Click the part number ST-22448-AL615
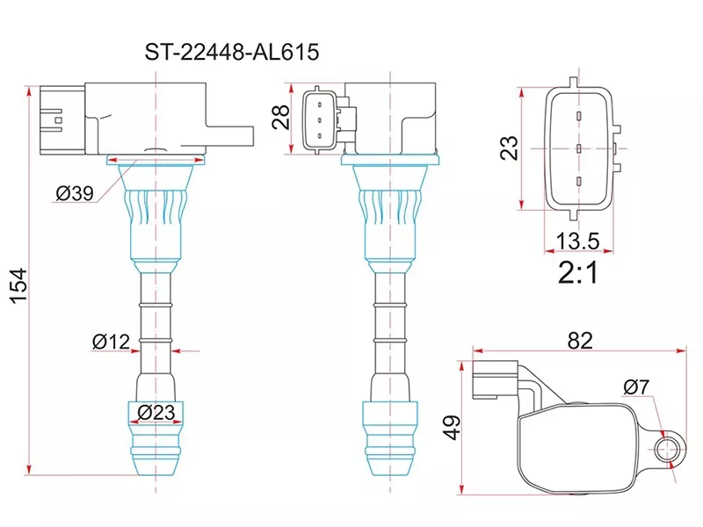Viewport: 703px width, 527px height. (x=231, y=53)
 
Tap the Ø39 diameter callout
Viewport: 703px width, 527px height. (x=74, y=195)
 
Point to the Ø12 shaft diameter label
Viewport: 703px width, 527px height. (x=112, y=342)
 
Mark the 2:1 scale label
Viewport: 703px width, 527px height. (x=578, y=274)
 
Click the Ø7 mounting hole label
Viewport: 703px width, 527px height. (x=636, y=387)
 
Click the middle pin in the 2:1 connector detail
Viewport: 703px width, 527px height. (x=579, y=148)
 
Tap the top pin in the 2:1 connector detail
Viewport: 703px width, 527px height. (x=579, y=116)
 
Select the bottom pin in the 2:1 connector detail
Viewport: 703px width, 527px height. (x=579, y=181)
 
